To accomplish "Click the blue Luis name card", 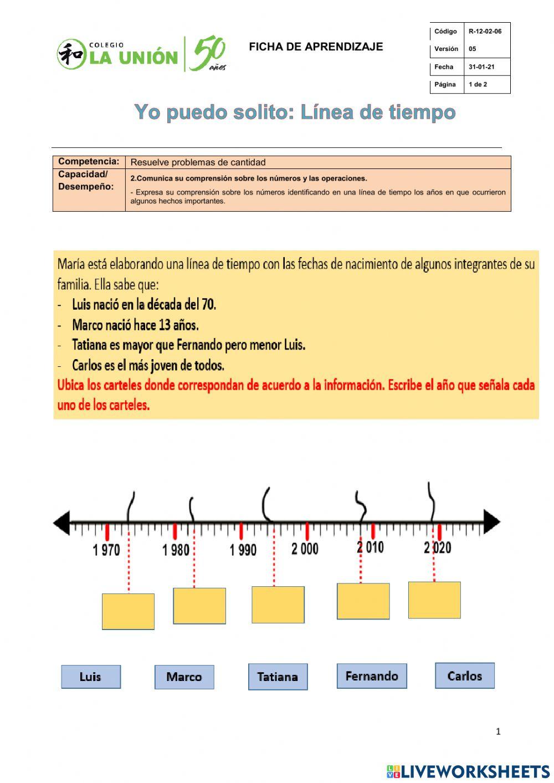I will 90,677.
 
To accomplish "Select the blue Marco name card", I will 184,677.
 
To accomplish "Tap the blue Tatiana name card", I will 278,677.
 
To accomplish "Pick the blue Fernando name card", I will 371,676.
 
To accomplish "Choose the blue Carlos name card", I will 464,675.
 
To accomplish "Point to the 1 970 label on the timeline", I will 106,550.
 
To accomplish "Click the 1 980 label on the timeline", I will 176,550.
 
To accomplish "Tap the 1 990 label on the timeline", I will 243,550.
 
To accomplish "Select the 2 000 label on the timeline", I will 305,549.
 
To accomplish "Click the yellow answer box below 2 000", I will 278,605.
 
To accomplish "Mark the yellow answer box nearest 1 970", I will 128,611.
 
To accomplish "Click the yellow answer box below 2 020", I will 434,600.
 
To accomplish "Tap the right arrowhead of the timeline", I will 492,522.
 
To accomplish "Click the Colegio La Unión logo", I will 141,54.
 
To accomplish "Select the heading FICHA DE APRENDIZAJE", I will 316,47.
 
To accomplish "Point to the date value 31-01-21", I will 481,67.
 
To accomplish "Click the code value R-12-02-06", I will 485,32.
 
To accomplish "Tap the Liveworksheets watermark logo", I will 468,771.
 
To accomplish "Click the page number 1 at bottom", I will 498,731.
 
